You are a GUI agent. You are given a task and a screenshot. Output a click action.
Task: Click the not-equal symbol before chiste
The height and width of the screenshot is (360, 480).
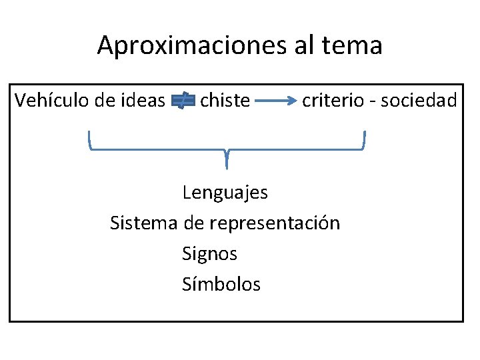pos(183,101)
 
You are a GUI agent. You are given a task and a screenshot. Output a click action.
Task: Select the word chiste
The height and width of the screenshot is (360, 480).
pos(225,101)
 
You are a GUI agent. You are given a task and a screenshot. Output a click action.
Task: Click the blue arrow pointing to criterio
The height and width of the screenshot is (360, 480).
pos(276,101)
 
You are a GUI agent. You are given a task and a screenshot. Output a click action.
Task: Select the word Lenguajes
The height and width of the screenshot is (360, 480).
pos(225,193)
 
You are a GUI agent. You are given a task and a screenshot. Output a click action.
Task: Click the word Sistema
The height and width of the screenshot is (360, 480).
pos(143,223)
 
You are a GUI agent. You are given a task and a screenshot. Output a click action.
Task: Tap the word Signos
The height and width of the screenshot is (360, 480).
pos(209,254)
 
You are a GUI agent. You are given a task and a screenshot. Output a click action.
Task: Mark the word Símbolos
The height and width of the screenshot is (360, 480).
pos(221,285)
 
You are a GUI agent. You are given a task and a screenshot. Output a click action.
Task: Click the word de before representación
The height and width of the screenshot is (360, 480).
pos(193,223)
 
